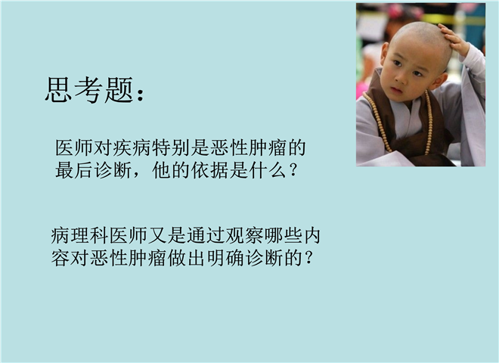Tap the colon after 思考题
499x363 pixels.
point(140,94)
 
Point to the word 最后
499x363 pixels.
point(74,170)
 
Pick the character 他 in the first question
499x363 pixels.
point(162,170)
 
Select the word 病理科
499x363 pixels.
point(79,236)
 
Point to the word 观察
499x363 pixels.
point(243,236)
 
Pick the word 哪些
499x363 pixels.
point(283,236)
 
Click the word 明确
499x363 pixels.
point(225,258)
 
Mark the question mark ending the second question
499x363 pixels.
point(308,258)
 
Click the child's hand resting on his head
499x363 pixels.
point(454,40)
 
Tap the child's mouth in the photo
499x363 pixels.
point(396,89)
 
